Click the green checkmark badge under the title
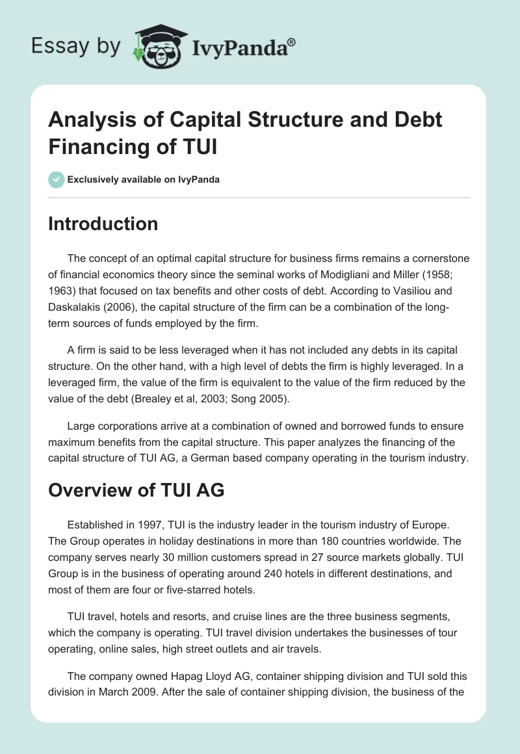tap(57, 179)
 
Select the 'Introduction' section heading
tap(103, 224)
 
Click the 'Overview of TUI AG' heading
tap(136, 490)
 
